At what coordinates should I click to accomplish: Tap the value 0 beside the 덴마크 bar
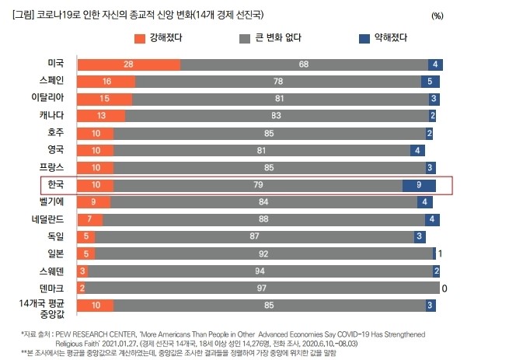(x=444, y=288)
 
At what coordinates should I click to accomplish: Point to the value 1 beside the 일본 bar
(x=441, y=253)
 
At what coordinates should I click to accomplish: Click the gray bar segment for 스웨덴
(x=260, y=271)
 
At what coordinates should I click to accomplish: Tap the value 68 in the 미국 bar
(x=304, y=65)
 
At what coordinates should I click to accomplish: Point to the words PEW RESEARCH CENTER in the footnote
(x=95, y=332)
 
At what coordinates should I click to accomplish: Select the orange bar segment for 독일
(x=87, y=236)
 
